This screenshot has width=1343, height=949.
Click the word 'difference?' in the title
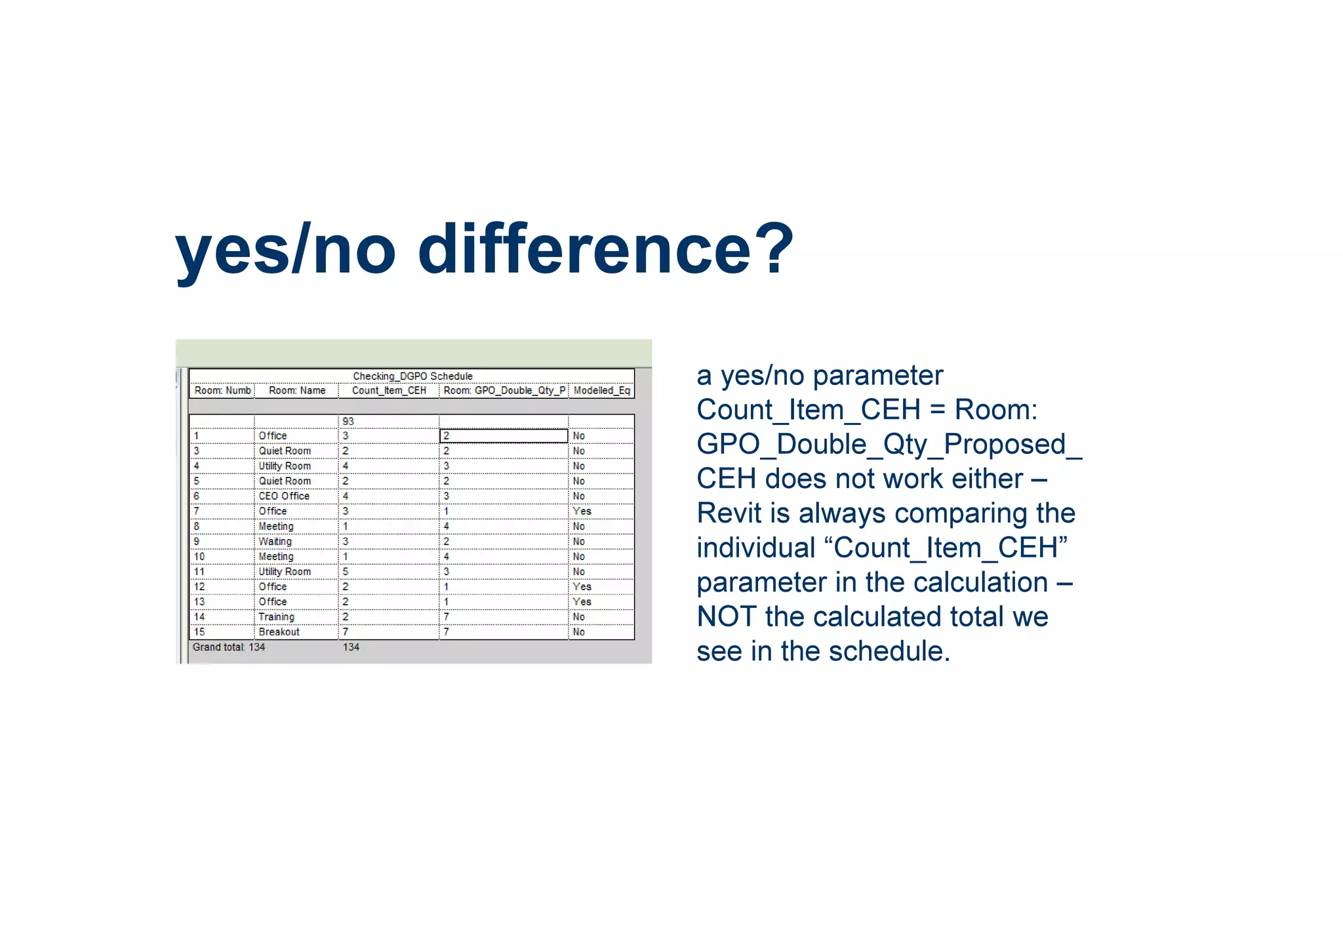(605, 249)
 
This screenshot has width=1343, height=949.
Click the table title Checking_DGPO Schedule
(412, 376)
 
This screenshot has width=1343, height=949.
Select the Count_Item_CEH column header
(389, 390)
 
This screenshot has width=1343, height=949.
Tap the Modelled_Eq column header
(601, 390)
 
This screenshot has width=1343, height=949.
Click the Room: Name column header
(297, 390)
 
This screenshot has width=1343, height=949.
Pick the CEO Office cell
(283, 496)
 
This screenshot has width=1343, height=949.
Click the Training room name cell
(276, 616)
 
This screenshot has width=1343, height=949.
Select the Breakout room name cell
(279, 632)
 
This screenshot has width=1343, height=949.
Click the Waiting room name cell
(275, 541)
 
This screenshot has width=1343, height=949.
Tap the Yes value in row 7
(582, 511)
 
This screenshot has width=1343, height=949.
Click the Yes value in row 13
(582, 601)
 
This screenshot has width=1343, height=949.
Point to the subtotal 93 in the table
(348, 421)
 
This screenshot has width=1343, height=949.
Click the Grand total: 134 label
(229, 647)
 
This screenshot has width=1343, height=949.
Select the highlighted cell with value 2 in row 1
(503, 435)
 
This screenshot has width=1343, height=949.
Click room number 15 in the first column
(199, 632)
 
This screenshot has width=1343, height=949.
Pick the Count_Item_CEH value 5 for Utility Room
(346, 571)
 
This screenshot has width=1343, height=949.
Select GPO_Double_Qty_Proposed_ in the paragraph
(889, 444)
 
